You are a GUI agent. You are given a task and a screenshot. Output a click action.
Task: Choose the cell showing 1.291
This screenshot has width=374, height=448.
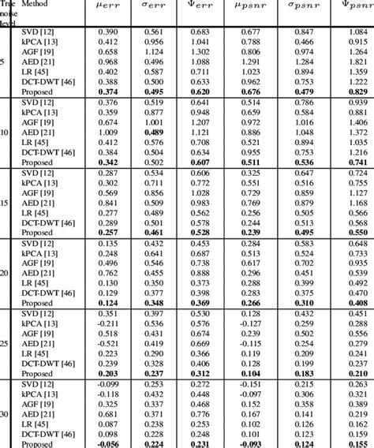tap(255, 62)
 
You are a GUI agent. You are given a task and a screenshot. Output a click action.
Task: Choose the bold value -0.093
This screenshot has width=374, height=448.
tap(254, 444)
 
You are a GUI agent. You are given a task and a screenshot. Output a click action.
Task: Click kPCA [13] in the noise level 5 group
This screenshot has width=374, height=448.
tap(36, 41)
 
